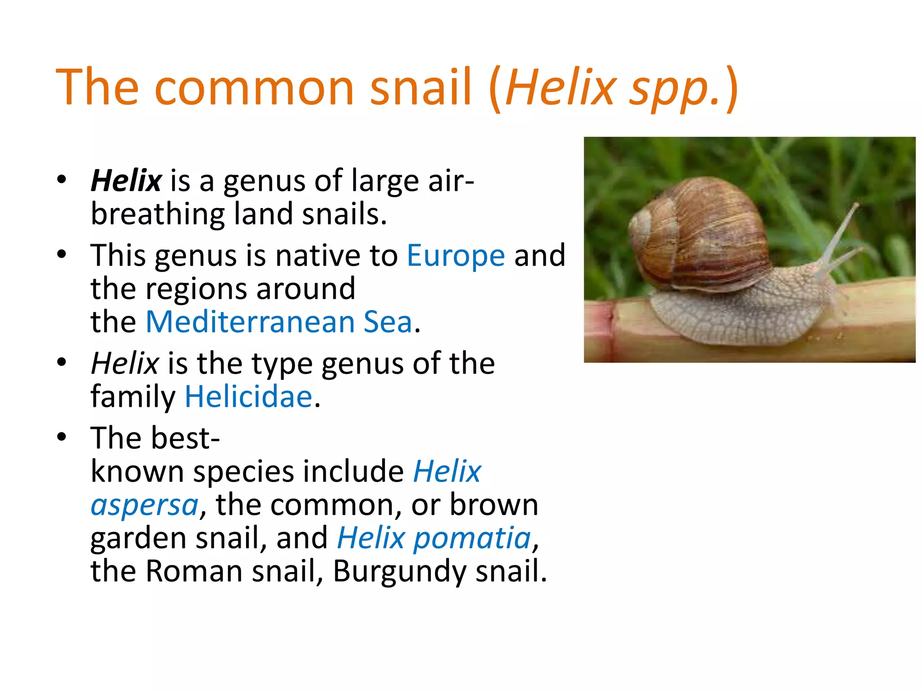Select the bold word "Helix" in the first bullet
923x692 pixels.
pos(126,180)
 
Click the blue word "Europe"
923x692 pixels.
pos(456,255)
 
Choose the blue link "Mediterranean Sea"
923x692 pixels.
pos(279,322)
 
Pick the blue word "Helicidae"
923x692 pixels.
pos(248,396)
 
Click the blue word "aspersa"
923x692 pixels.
pos(145,505)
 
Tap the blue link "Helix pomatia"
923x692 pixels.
pos(434,538)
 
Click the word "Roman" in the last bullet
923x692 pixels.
pos(194,571)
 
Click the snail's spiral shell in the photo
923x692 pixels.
pos(703,234)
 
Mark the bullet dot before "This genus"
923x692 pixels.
pos(62,254)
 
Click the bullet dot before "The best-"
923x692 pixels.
pos(62,437)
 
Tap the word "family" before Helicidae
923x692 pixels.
pos(133,396)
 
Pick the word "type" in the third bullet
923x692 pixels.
pos(282,363)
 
